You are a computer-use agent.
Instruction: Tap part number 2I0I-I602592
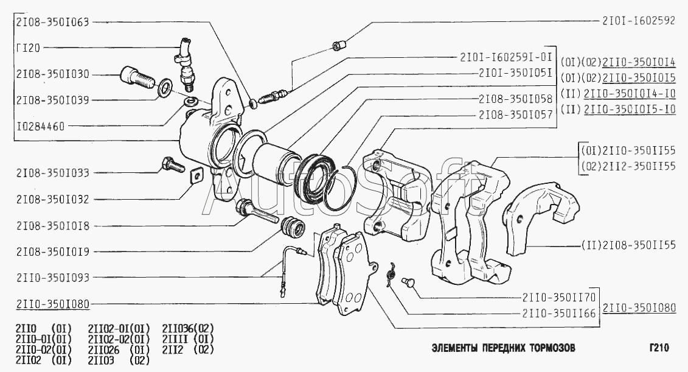638,20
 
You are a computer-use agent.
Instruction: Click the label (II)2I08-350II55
633,245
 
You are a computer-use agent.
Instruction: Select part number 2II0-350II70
558,298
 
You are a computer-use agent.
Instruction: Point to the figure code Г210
658,349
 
